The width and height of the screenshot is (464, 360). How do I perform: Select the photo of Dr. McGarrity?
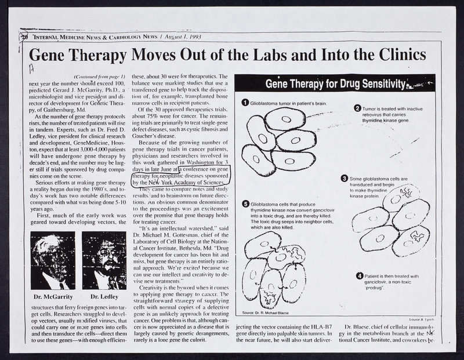(52, 260)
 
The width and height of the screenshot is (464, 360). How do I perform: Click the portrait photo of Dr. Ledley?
(104, 260)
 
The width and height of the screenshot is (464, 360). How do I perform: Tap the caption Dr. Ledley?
(104, 297)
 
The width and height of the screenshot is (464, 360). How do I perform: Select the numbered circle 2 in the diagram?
(357, 108)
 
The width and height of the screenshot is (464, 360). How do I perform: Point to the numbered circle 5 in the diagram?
(245, 204)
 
